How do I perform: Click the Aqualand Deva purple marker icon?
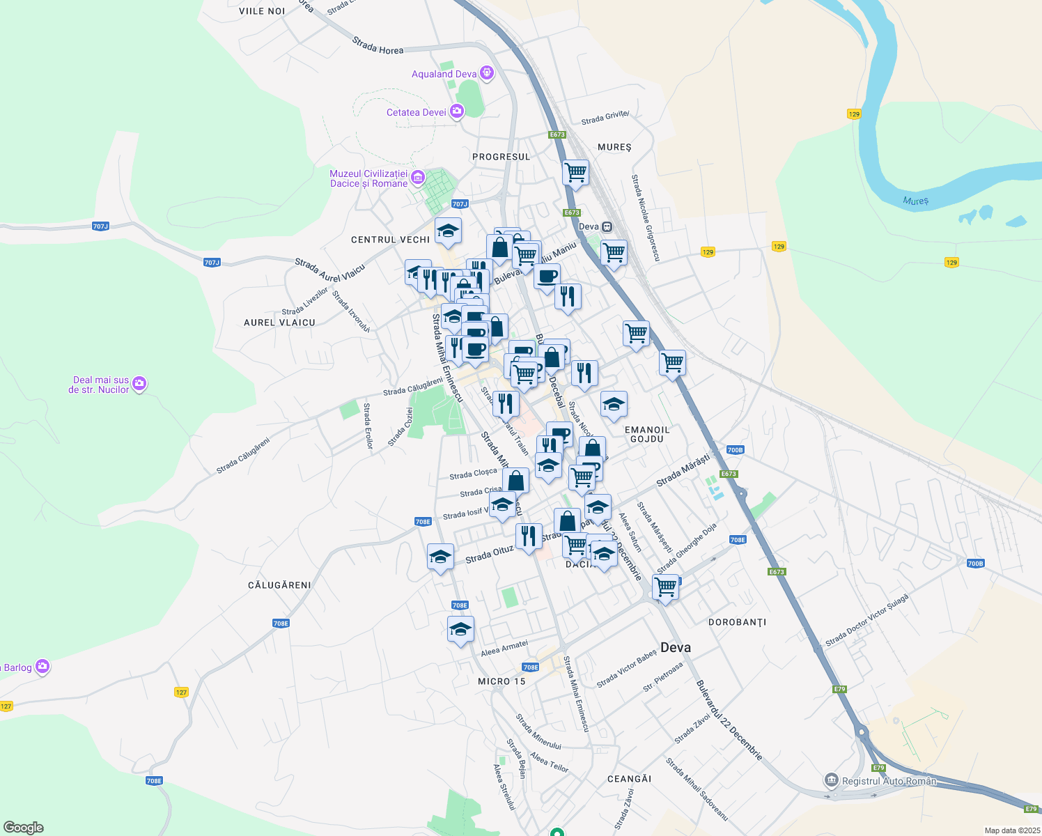487,73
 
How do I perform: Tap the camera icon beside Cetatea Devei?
457,111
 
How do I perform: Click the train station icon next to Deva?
607,226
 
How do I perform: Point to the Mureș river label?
915,201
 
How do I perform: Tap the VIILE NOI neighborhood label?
262,11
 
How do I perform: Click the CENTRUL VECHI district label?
390,240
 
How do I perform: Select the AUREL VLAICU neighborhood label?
279,323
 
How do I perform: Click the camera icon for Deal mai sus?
139,384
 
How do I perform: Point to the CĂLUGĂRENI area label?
279,585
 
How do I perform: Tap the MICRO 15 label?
501,681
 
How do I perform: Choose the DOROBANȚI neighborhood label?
737,622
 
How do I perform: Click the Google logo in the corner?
24,828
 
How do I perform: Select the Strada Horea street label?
378,46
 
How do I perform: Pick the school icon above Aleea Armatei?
460,629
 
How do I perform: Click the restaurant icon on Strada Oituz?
529,536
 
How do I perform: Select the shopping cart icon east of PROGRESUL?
575,172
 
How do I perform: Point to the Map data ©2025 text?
1011,830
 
